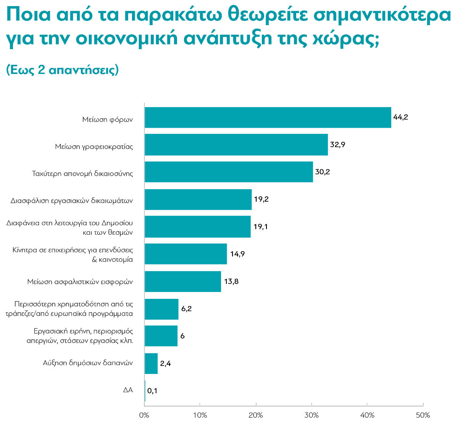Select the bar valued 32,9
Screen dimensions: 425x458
[x=236, y=145]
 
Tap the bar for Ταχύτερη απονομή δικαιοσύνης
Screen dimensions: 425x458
[x=229, y=172]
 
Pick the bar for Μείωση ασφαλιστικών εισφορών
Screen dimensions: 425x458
[x=183, y=282]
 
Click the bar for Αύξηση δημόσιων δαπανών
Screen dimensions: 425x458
[x=151, y=364]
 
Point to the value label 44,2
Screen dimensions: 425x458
[x=400, y=117]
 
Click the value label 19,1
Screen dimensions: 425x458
[x=261, y=227]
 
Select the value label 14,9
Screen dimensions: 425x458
[x=237, y=254]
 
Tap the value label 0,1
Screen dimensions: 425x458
[x=152, y=391]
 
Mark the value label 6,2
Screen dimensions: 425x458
[x=186, y=309]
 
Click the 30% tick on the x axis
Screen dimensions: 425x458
[x=312, y=415]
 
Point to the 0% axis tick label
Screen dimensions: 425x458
[x=144, y=415]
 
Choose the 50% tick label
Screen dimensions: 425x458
[x=423, y=415]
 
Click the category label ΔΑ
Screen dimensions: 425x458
[x=128, y=390]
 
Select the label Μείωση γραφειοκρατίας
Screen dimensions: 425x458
[x=94, y=146]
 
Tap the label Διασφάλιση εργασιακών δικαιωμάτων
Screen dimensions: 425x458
[x=72, y=200]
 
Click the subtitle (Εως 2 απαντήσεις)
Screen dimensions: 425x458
[x=62, y=70]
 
